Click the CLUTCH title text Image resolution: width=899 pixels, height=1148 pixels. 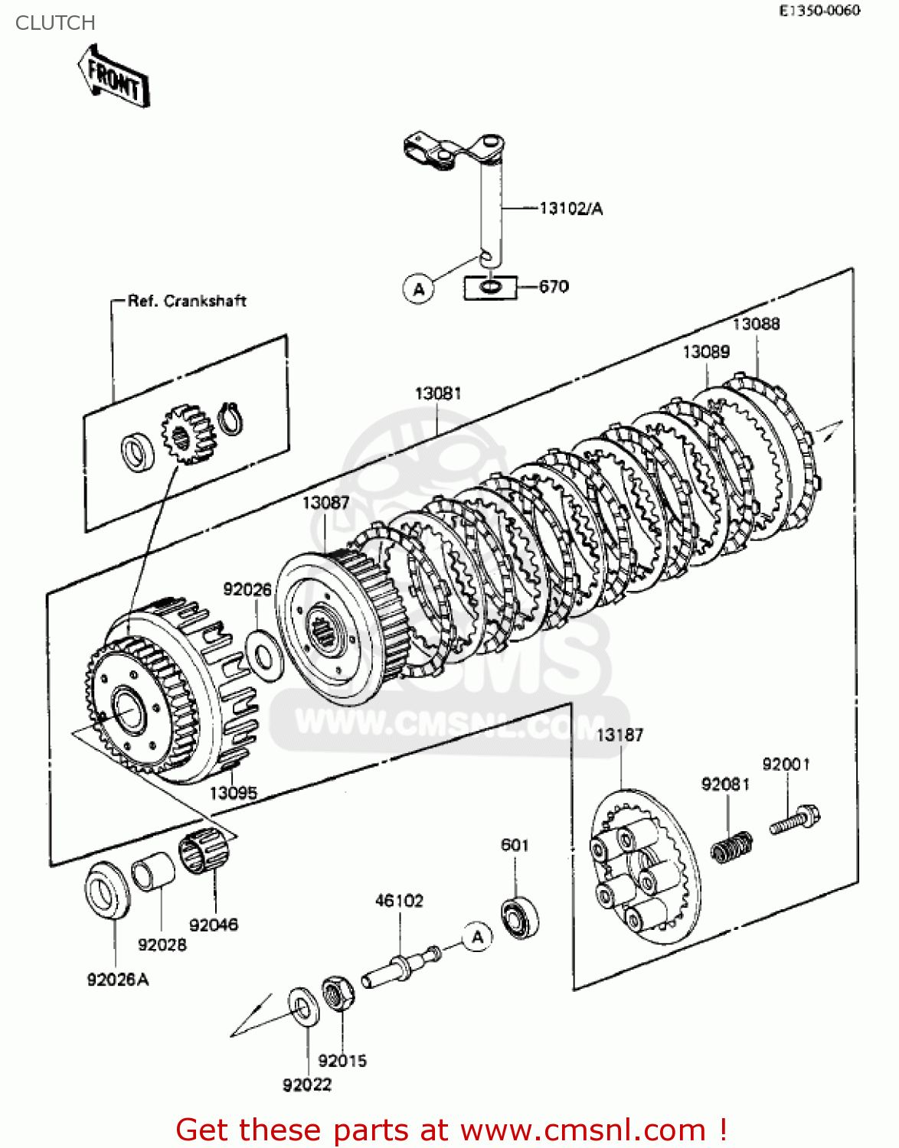pyautogui.click(x=55, y=23)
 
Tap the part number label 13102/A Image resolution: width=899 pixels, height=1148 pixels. pyautogui.click(x=570, y=208)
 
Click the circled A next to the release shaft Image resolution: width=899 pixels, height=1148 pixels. pyautogui.click(x=418, y=289)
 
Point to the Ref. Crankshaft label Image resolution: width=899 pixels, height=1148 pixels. pyautogui.click(x=187, y=301)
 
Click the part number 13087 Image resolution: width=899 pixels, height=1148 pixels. pyautogui.click(x=325, y=503)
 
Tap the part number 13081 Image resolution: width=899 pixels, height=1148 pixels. pyautogui.click(x=438, y=393)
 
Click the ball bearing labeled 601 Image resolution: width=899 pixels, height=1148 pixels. pyautogui.click(x=520, y=916)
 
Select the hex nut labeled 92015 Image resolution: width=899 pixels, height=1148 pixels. pyautogui.click(x=336, y=993)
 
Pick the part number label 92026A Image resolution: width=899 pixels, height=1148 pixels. pyautogui.click(x=118, y=980)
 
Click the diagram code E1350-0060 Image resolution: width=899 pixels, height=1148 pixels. pyautogui.click(x=819, y=10)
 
